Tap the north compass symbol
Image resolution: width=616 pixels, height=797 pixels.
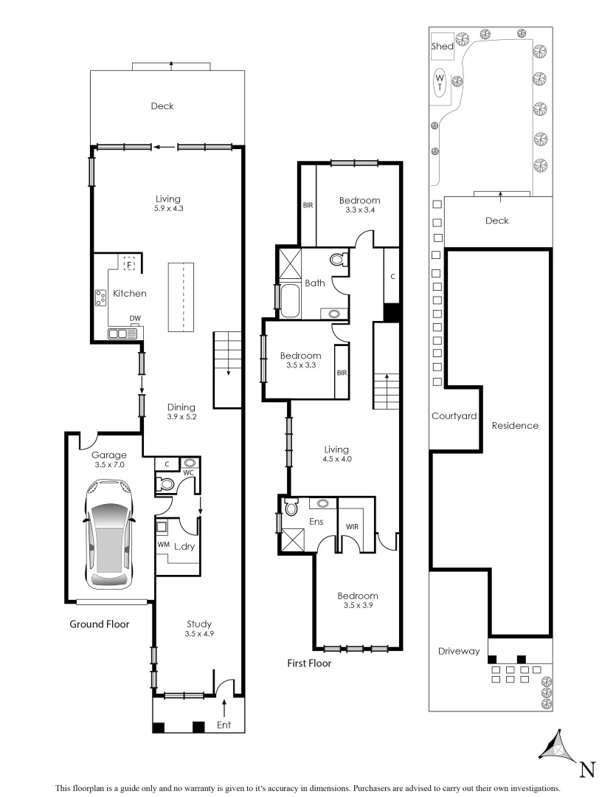click(561, 753)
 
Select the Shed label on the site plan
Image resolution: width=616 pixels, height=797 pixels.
click(442, 46)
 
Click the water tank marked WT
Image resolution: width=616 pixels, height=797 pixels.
click(440, 82)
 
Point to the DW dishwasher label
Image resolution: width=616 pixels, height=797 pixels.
click(135, 319)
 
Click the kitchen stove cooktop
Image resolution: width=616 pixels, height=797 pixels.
click(101, 297)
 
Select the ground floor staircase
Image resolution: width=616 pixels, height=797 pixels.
click(228, 369)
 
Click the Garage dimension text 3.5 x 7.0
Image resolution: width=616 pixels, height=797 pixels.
click(109, 466)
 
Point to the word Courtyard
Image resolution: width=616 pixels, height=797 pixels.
click(454, 416)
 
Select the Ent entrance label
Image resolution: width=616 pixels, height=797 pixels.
click(224, 725)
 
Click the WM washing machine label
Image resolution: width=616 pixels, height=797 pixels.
click(163, 545)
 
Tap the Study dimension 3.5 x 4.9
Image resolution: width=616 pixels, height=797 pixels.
click(199, 634)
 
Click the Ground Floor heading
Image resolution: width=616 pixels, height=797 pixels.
click(100, 624)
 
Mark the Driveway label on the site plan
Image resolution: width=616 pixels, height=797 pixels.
click(459, 651)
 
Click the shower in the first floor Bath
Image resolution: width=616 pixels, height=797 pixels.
click(289, 263)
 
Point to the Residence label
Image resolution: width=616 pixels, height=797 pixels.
click(515, 426)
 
